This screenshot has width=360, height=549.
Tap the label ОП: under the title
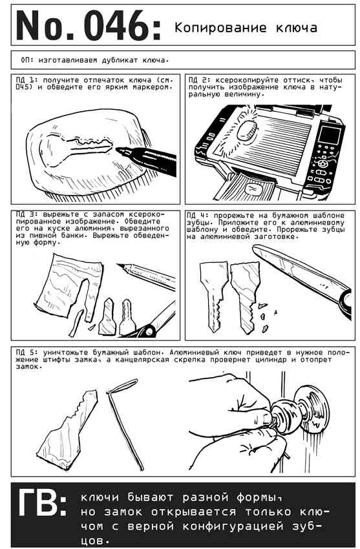click(x=27, y=60)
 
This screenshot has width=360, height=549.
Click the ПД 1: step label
click(x=26, y=80)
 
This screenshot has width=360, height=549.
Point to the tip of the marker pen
click(x=117, y=150)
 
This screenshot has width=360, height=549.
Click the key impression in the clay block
click(x=77, y=149)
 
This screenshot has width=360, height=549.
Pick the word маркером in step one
click(x=153, y=87)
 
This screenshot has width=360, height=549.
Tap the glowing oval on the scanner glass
click(x=248, y=131)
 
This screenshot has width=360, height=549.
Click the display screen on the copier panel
click(x=330, y=136)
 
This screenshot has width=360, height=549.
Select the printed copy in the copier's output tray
click(x=255, y=189)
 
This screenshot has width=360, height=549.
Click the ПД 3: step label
click(x=26, y=214)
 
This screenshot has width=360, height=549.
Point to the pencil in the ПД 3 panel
click(x=146, y=276)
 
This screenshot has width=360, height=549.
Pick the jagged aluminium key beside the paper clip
click(x=67, y=424)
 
